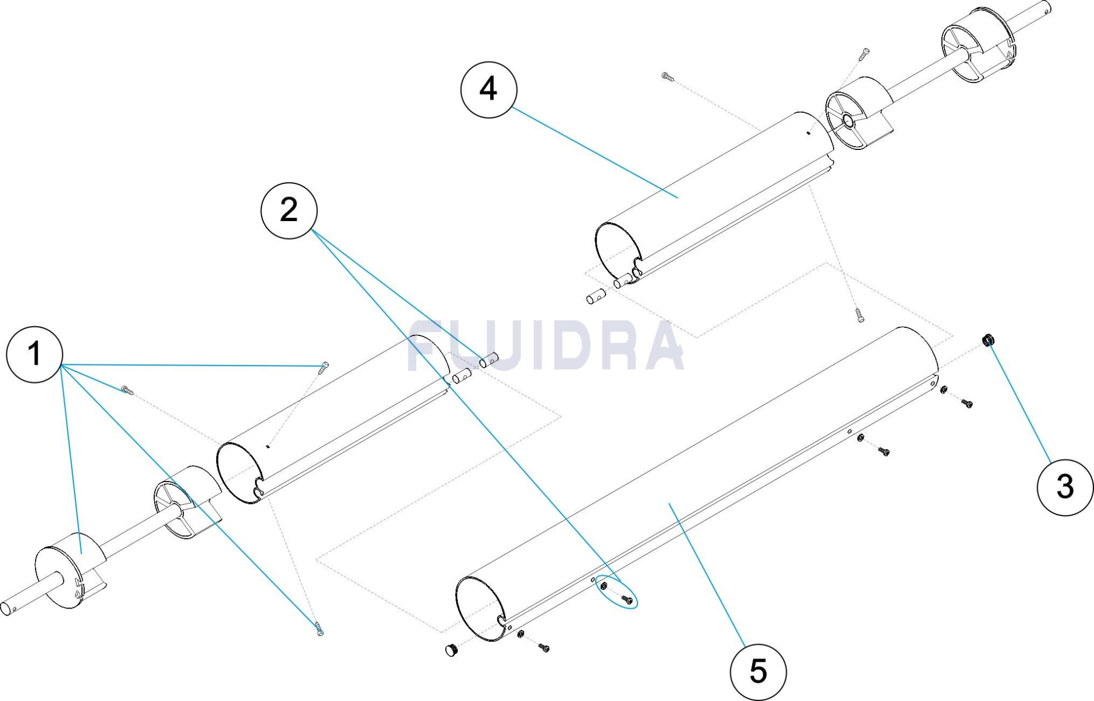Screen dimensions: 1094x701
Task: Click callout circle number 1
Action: pos(34,354)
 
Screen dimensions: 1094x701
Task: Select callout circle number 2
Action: pos(289,210)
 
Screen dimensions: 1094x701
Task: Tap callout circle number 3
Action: pos(1064,487)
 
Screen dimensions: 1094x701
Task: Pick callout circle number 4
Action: pos(488,89)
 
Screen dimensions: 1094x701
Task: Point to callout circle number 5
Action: pos(758,672)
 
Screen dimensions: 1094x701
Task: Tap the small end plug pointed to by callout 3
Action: pos(988,340)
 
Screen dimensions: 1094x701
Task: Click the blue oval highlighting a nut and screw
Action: pos(616,592)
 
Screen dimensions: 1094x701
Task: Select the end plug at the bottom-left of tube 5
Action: pos(451,650)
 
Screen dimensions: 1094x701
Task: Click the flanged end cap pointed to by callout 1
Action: pos(70,571)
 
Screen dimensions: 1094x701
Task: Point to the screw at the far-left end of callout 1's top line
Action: pos(127,390)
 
